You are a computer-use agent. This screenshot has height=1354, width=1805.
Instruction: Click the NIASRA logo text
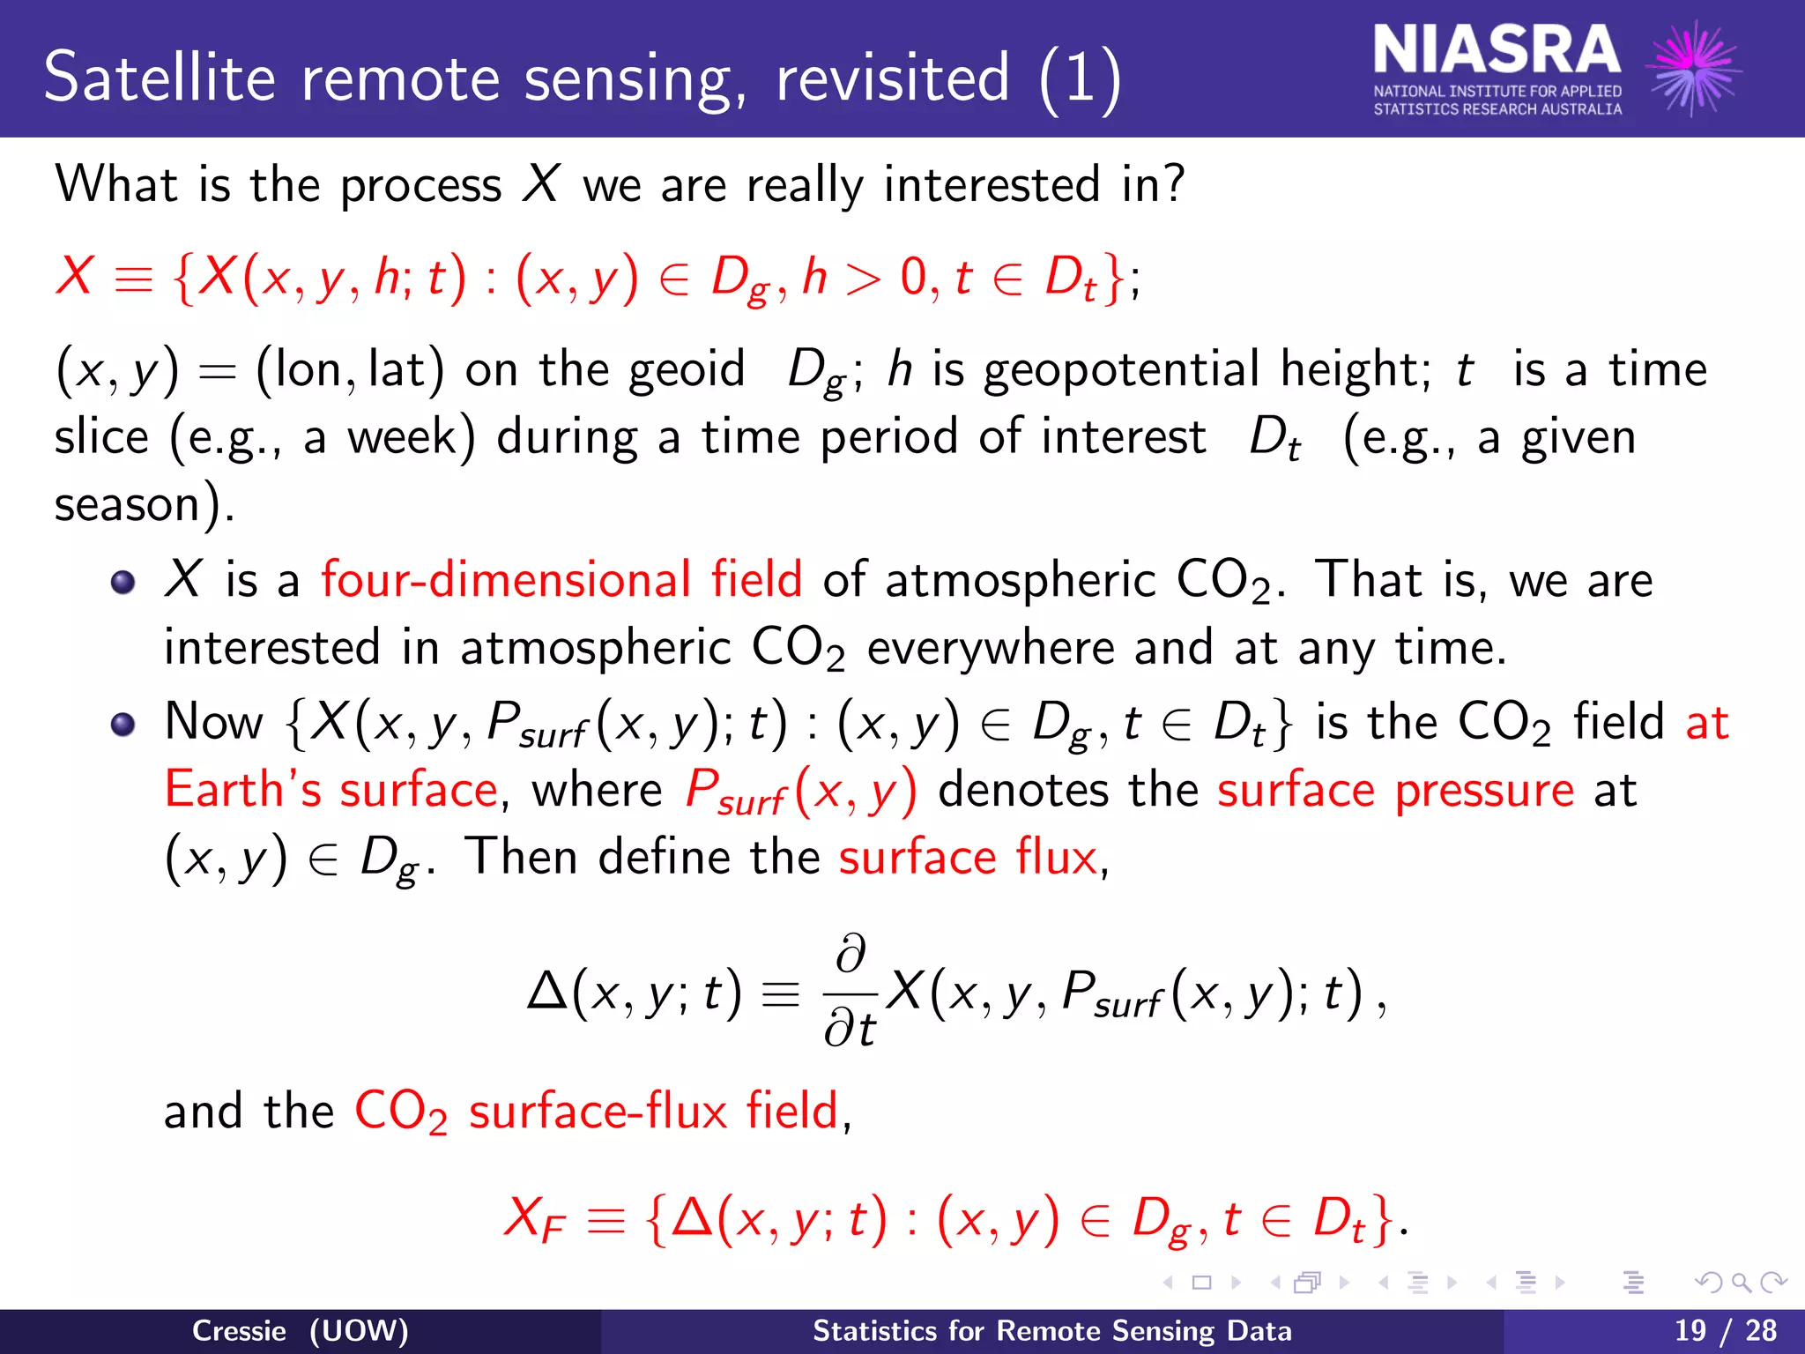(1497, 51)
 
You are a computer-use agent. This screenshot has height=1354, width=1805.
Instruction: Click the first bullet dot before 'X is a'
(123, 583)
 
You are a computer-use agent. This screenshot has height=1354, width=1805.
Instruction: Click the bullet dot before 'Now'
(123, 725)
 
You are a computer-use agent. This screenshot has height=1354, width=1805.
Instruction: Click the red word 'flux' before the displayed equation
(1055, 857)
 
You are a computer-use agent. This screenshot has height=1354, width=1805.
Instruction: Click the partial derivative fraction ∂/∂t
(851, 993)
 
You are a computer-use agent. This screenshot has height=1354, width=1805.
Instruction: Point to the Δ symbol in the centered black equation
(546, 993)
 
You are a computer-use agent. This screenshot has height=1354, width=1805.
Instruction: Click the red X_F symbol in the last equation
(533, 1222)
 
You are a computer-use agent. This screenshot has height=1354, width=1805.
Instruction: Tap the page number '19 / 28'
(1725, 1330)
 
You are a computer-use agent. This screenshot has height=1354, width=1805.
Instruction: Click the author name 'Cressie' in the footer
(239, 1331)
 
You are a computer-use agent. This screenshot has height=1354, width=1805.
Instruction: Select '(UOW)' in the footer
(359, 1331)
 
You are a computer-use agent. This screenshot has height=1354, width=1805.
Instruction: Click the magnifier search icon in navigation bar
(1741, 1283)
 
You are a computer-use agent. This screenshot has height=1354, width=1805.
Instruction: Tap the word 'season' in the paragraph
(127, 505)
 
